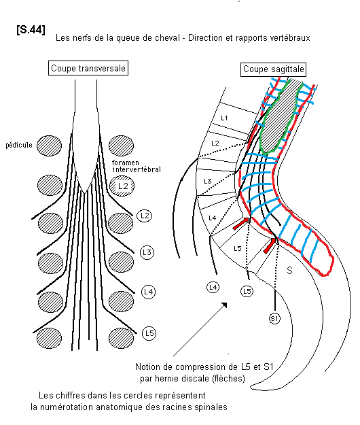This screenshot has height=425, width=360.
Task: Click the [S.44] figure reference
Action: (31, 29)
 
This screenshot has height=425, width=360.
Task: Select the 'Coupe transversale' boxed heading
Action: (88, 68)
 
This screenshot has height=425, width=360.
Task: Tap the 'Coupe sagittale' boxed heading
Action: (273, 69)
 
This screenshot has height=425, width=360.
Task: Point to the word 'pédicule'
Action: (19, 145)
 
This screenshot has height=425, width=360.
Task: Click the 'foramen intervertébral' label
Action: (137, 166)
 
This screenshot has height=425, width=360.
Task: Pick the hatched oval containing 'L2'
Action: (122, 186)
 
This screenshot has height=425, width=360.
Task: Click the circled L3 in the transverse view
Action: (147, 252)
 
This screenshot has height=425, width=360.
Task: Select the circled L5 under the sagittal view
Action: (247, 291)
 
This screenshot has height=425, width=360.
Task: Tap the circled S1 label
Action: (274, 318)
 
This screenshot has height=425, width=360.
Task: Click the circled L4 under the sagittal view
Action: (213, 288)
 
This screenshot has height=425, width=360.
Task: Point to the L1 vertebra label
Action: (224, 118)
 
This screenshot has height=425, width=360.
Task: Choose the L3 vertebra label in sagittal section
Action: (208, 181)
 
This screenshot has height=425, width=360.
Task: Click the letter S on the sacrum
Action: (289, 270)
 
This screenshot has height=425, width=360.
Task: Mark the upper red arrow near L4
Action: (241, 223)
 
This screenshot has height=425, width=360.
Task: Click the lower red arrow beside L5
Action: (270, 245)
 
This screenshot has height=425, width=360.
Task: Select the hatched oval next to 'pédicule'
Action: (49, 146)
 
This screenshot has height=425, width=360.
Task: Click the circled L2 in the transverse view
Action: (145, 216)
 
